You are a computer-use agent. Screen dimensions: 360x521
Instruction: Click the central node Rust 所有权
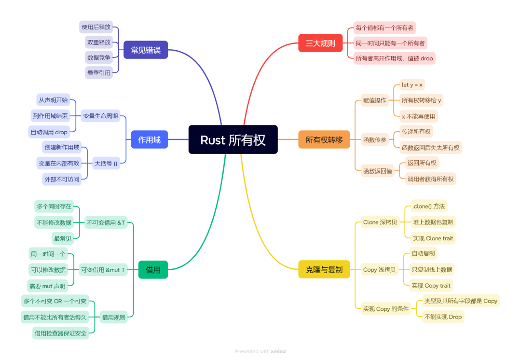[233, 140]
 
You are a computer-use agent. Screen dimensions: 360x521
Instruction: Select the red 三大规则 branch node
[320, 43]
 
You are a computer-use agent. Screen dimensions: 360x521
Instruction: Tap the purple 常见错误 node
[146, 50]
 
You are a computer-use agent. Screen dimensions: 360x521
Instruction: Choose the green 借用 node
[153, 270]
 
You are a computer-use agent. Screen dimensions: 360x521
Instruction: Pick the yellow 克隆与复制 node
[324, 269]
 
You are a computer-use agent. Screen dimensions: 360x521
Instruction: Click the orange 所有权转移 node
[324, 140]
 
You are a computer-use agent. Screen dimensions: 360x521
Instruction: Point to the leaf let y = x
[412, 85]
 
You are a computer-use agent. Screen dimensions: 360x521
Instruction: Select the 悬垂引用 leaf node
[99, 72]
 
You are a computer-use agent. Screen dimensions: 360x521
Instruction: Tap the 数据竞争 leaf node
[99, 57]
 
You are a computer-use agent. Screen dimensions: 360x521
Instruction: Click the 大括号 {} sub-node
[106, 164]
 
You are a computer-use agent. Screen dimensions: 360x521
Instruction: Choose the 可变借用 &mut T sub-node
[103, 270]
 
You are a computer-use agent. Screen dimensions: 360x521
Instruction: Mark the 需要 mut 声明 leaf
[47, 286]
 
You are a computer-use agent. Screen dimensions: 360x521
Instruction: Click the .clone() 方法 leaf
[429, 206]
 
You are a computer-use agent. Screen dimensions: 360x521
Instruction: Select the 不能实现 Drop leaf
[442, 317]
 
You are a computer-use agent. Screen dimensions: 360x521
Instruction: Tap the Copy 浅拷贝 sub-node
[380, 269]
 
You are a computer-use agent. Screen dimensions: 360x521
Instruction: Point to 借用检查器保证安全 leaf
[61, 333]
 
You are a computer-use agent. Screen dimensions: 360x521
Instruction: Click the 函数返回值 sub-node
[378, 171]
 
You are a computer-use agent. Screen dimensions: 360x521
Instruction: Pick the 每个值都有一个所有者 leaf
[384, 28]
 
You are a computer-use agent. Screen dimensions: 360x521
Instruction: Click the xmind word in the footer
[278, 352]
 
